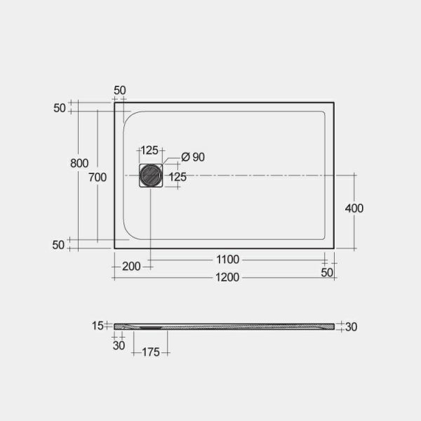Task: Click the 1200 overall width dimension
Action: click(227, 277)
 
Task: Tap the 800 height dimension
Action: click(79, 163)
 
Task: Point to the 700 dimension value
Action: click(98, 178)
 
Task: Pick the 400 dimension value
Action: click(354, 208)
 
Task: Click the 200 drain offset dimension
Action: click(131, 266)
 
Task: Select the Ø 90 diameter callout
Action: click(192, 157)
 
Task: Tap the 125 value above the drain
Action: click(149, 151)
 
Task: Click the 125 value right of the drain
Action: click(178, 178)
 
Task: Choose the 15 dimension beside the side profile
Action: click(98, 325)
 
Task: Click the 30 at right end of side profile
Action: click(352, 326)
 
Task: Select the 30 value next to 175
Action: click(119, 345)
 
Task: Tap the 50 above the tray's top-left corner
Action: click(119, 91)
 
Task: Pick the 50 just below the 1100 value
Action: click(327, 272)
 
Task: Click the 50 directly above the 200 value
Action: click(58, 245)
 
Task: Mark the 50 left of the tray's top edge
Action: click(58, 108)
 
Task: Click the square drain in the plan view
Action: click(150, 175)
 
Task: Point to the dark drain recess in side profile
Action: click(151, 326)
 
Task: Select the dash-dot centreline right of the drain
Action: click(253, 175)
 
